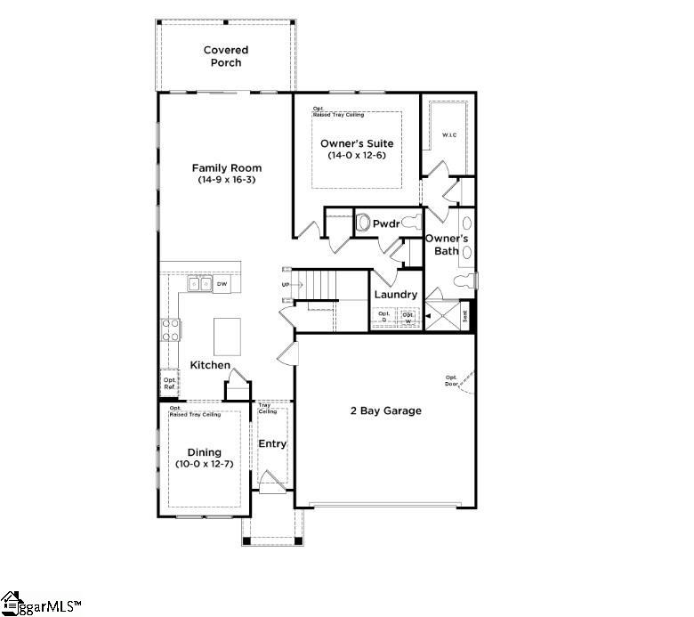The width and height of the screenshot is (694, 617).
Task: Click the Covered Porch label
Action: (225, 56)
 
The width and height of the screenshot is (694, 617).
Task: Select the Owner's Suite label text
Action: (356, 143)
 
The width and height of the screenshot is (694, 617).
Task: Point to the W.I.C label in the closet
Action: (449, 135)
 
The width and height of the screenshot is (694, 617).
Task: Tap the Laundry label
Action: (395, 295)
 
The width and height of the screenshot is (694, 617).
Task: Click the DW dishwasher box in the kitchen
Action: (222, 284)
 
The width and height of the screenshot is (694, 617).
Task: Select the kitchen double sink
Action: (199, 284)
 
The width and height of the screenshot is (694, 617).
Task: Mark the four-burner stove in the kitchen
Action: (170, 330)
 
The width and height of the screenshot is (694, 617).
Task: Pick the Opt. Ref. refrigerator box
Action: (169, 382)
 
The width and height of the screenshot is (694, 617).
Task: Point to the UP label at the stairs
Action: (286, 285)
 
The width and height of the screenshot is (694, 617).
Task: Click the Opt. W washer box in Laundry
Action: (408, 316)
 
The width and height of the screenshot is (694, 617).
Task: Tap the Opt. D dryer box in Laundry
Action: (384, 316)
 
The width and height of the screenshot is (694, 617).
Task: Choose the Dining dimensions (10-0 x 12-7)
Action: (204, 464)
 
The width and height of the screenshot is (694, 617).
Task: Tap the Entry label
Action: (272, 443)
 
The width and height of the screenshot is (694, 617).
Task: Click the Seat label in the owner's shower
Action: (464, 314)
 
